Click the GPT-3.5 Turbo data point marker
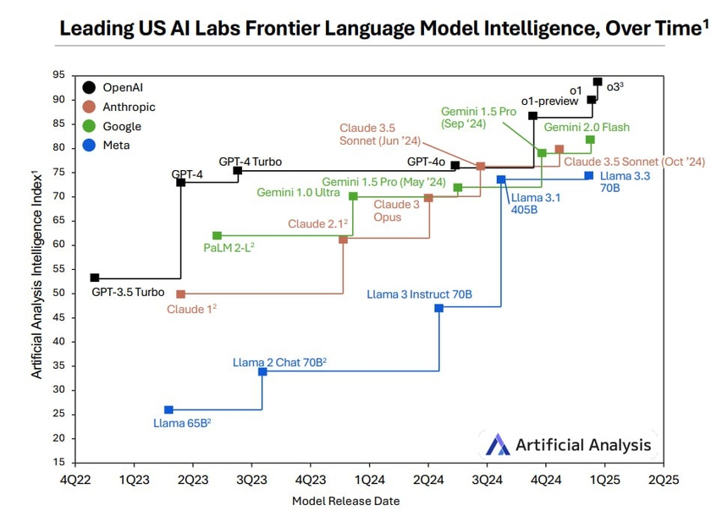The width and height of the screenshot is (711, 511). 95,277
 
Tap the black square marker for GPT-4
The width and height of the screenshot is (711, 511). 181,183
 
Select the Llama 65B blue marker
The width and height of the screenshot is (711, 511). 168,410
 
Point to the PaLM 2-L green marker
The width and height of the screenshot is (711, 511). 217,236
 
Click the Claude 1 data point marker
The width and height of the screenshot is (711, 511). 180,294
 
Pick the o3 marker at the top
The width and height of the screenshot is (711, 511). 598,82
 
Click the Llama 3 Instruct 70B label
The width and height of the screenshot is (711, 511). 419,294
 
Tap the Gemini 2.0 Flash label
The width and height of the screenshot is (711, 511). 587,127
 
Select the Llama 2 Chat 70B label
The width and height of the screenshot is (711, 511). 279,362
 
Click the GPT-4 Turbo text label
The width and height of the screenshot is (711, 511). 250,162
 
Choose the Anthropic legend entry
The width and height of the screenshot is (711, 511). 129,107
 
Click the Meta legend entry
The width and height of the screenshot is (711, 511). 116,146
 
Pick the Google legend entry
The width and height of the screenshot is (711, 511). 122,126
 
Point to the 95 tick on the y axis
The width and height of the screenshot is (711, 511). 58,75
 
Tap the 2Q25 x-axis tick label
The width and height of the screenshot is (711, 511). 663,479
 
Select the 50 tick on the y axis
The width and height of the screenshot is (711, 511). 58,293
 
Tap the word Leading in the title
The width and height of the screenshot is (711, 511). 93,29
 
